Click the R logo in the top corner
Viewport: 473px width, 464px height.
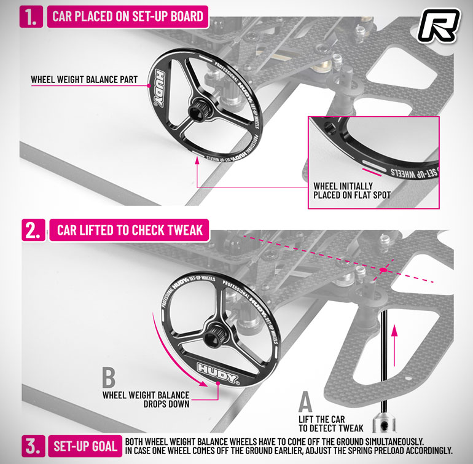tap(439, 26)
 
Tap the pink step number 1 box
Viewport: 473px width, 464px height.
tap(31, 17)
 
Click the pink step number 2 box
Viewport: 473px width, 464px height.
tap(34, 230)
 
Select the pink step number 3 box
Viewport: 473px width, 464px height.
tap(34, 446)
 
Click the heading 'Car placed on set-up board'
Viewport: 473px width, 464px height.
tap(128, 17)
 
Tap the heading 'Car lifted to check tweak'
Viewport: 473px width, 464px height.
tap(130, 230)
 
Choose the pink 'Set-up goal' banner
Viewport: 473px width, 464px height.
tap(85, 446)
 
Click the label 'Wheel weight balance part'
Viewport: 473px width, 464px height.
tap(84, 79)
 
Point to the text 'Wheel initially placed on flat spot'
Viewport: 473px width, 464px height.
tap(352, 191)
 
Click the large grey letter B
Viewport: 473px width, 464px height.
tap(109, 377)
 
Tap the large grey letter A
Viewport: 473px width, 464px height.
tap(305, 401)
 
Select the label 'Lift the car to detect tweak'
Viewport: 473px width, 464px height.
tap(331, 424)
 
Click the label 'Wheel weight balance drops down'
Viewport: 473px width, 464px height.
tap(146, 399)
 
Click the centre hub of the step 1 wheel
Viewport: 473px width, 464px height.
tap(197, 111)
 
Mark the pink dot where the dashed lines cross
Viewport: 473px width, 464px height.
tap(383, 270)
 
